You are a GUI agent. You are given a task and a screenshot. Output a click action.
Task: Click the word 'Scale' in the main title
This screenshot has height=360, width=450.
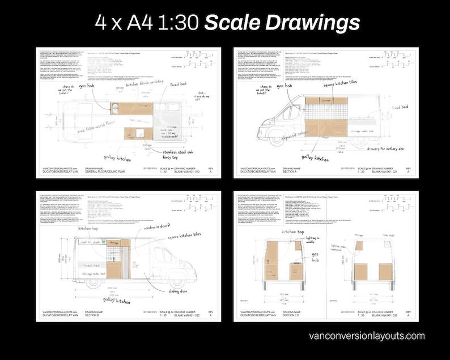click(x=232, y=23)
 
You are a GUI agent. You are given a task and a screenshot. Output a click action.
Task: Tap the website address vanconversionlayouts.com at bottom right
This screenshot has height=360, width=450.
click(x=367, y=336)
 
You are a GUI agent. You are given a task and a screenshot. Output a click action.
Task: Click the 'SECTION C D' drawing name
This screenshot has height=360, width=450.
click(x=292, y=314)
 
